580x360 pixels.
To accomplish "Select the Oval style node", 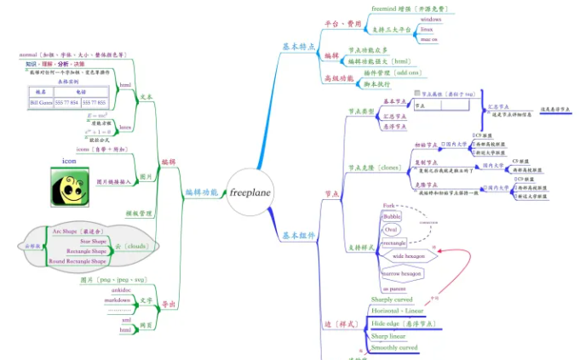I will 391,230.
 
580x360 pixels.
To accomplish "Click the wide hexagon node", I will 409,255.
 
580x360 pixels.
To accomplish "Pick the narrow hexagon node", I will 402,273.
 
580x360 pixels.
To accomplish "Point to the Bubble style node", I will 392,217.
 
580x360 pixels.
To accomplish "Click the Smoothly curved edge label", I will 394,348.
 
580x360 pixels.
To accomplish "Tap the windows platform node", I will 430,19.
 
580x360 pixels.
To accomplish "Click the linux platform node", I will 430,29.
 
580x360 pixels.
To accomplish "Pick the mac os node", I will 429,39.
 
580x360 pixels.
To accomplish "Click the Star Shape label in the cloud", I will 93,242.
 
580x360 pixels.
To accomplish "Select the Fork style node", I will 388,206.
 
